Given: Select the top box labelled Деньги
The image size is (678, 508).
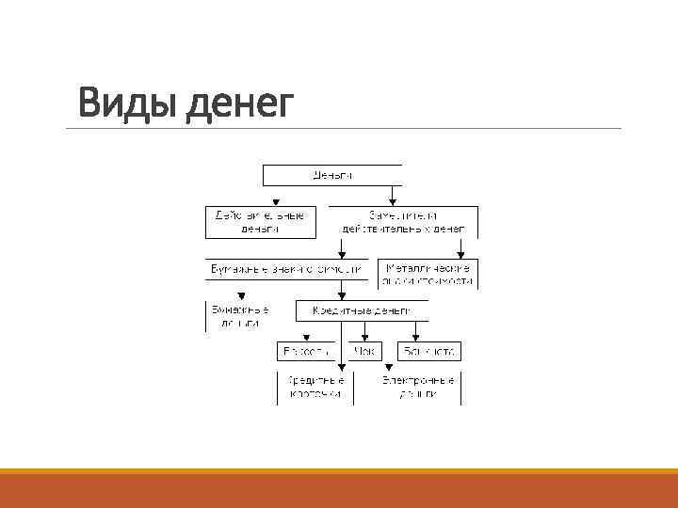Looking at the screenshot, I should tap(331, 175).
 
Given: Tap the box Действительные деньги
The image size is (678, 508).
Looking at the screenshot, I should tap(260, 222).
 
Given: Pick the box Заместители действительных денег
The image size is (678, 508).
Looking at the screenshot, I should tap(403, 222).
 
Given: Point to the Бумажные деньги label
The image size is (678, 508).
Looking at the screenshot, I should tap(241, 316).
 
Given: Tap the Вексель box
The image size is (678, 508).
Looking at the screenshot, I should tap(305, 352).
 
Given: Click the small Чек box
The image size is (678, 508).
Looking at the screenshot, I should tap(363, 352).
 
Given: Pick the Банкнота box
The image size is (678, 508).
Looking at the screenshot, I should tap(428, 352).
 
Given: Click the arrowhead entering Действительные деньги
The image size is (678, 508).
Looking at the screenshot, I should tap(274, 202).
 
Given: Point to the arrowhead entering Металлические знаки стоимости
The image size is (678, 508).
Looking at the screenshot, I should tap(460, 254).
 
